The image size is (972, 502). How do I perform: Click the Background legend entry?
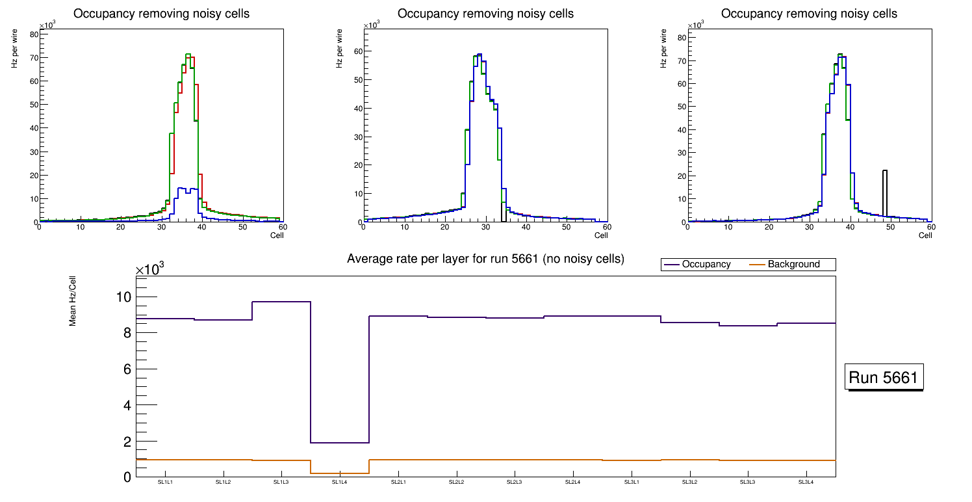point(793,264)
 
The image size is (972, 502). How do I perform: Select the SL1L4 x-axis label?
point(340,482)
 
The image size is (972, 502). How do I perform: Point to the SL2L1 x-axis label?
point(398,482)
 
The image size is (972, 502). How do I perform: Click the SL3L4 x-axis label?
point(806,482)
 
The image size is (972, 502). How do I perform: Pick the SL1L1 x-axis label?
point(165,482)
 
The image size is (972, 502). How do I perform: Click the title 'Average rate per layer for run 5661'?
point(485,259)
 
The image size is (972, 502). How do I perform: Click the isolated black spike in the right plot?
point(884,192)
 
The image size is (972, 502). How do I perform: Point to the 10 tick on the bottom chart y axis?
point(123,297)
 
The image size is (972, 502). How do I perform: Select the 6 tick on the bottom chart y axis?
point(127,369)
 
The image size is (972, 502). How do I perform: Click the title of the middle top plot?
point(485,13)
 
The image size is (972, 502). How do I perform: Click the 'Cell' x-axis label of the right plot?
point(925,235)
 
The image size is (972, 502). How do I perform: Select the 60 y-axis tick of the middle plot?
point(357,51)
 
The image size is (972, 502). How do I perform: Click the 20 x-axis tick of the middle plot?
point(444,227)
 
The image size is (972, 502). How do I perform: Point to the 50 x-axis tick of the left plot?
point(242,227)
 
